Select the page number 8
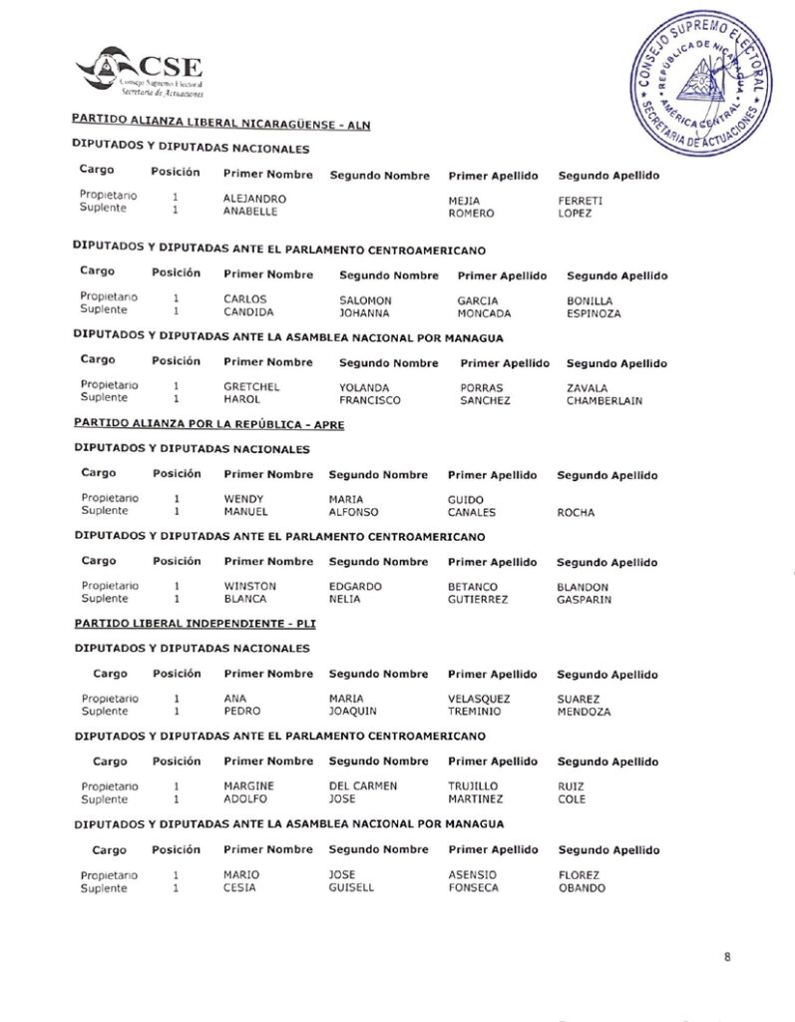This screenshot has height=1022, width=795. (x=727, y=957)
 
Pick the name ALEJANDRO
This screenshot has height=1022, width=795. (x=254, y=200)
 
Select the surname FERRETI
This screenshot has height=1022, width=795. (x=581, y=201)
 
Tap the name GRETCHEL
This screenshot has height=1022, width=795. (x=251, y=387)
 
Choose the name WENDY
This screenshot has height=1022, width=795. (x=243, y=499)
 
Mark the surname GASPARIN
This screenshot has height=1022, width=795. (x=584, y=600)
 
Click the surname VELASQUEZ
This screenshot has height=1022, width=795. (x=480, y=699)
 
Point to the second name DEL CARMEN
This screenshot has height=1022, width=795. (x=362, y=786)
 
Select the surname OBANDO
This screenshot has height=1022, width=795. (x=581, y=888)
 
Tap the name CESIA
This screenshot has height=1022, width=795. (x=239, y=888)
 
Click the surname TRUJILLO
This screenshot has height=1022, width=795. (x=473, y=786)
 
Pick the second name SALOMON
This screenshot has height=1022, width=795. (x=365, y=300)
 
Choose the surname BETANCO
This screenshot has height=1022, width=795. (x=472, y=587)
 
